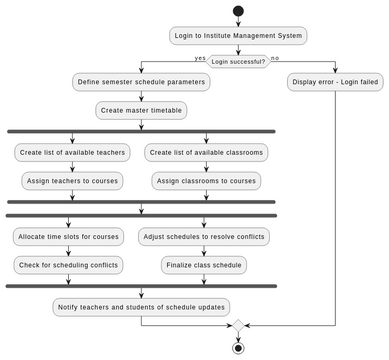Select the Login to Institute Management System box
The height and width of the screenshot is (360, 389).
[x=238, y=36]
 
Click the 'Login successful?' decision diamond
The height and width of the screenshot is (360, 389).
[x=238, y=61]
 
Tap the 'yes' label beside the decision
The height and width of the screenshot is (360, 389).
[x=200, y=58]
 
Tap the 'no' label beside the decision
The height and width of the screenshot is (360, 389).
[x=276, y=58]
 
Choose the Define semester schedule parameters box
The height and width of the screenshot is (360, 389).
[x=141, y=82]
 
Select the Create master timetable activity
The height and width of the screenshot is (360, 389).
[x=141, y=110]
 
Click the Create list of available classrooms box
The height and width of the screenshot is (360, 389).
[x=206, y=153]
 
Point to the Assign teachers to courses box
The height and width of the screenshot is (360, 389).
[x=72, y=181]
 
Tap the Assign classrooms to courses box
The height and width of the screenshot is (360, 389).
[x=206, y=181]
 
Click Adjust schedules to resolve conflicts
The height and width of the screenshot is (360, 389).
[x=204, y=237]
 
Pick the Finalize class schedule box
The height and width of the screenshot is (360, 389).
[x=204, y=265]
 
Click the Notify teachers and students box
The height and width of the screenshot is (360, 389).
[x=141, y=306]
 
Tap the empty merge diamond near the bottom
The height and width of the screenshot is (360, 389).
[x=238, y=325]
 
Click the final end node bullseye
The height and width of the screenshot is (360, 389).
[x=238, y=347]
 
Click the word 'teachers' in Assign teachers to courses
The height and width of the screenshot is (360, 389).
[x=64, y=181]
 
